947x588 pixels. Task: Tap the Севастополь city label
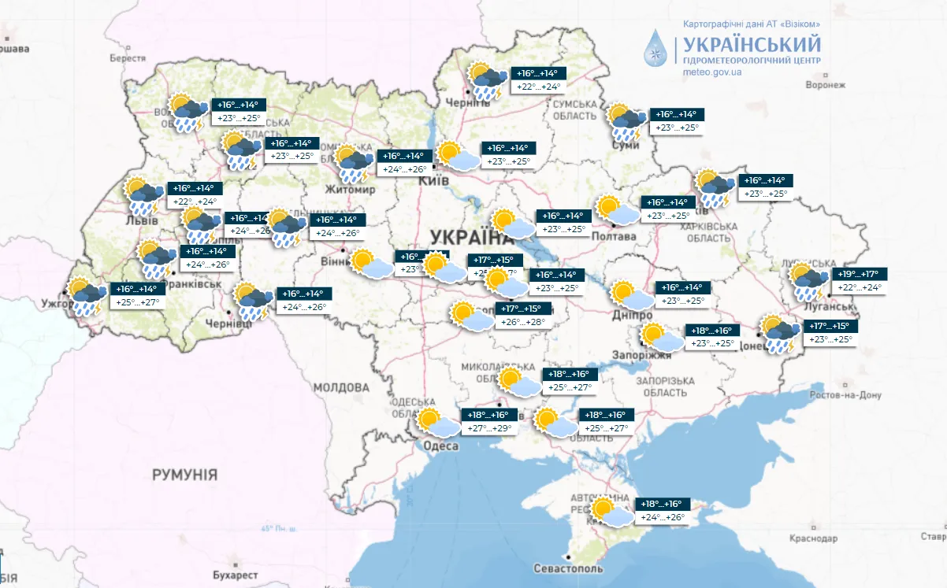(568, 568)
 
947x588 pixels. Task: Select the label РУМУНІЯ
(185, 475)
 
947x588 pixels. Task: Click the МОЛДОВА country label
(340, 388)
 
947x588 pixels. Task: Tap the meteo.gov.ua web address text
(713, 72)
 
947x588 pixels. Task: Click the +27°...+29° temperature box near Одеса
(491, 429)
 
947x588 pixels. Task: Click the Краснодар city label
(812, 538)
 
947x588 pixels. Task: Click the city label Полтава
(612, 236)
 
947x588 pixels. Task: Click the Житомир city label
(351, 190)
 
